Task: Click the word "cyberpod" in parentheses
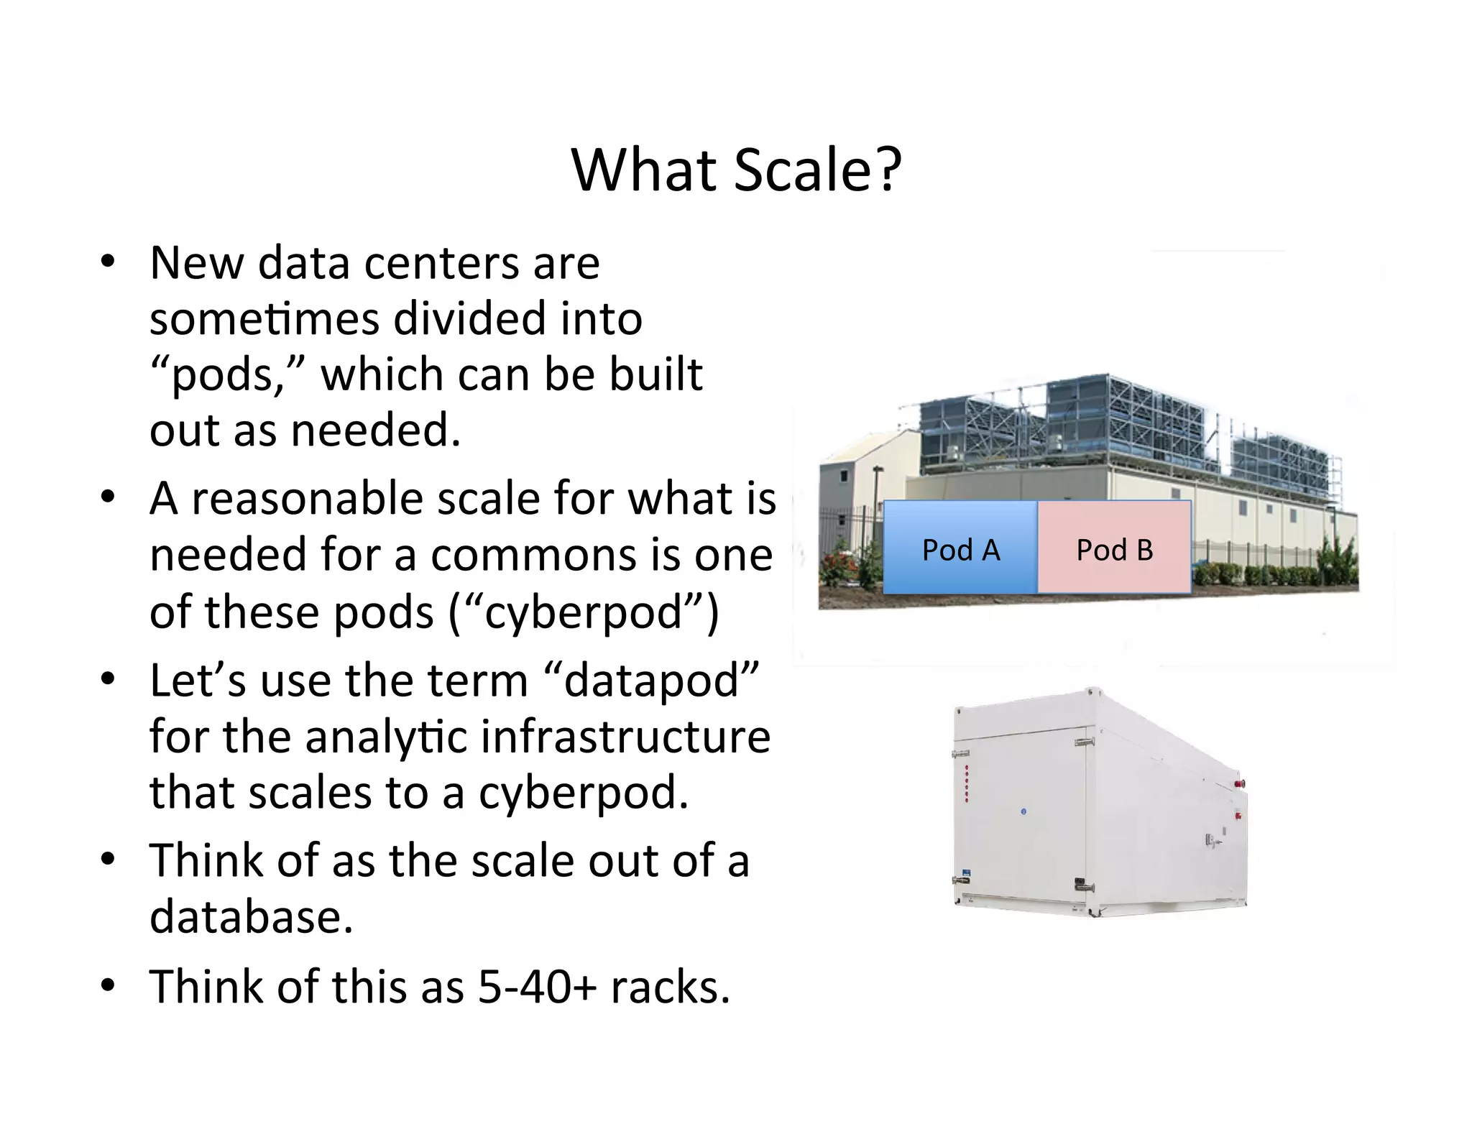(583, 612)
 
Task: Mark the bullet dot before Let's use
(108, 679)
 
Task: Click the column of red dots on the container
(967, 783)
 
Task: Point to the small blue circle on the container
(1024, 812)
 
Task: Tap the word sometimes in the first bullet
(264, 318)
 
